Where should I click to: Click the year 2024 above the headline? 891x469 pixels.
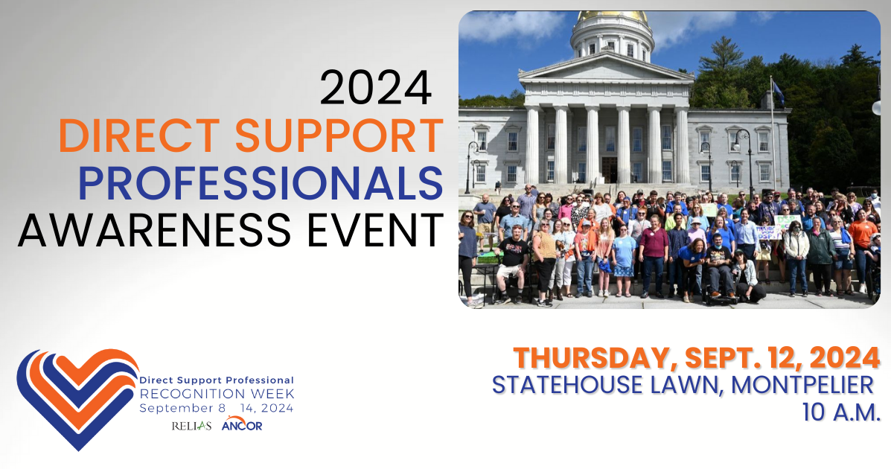tap(375, 88)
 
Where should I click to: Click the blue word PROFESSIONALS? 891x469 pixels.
tap(261, 184)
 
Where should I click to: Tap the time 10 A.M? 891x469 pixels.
tap(841, 412)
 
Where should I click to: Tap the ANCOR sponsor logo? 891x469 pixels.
tap(242, 424)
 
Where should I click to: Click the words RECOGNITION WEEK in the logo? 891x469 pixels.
tap(217, 394)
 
